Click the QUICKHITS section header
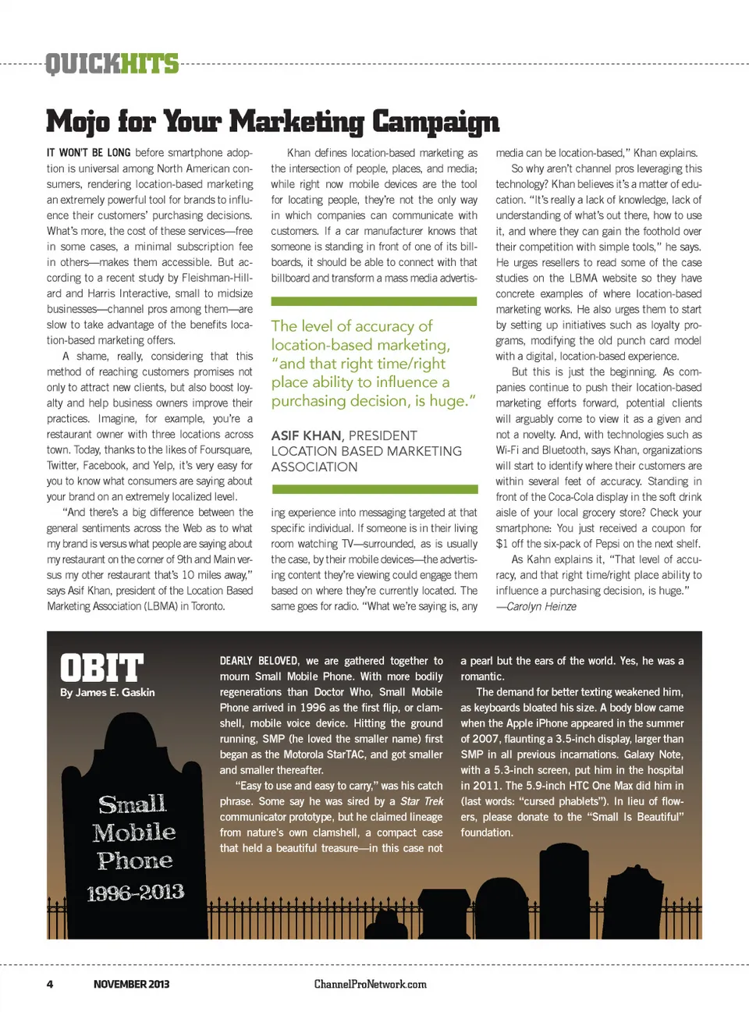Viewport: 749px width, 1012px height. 112,63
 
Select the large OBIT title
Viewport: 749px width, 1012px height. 102,668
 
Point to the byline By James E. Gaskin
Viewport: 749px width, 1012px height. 108,692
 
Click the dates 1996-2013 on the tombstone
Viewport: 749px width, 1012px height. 135,892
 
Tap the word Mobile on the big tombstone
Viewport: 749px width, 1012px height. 134,832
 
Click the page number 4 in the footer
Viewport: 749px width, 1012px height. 50,984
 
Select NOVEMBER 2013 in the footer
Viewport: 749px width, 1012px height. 131,984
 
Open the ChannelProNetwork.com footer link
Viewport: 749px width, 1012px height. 370,984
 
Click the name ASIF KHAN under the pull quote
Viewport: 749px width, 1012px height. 306,435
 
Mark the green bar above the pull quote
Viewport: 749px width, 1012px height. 374,301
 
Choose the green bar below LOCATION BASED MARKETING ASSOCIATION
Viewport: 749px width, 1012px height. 374,489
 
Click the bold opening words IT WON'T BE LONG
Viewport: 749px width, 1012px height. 88,153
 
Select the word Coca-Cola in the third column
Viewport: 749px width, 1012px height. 573,497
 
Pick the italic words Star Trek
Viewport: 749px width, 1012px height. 421,801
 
